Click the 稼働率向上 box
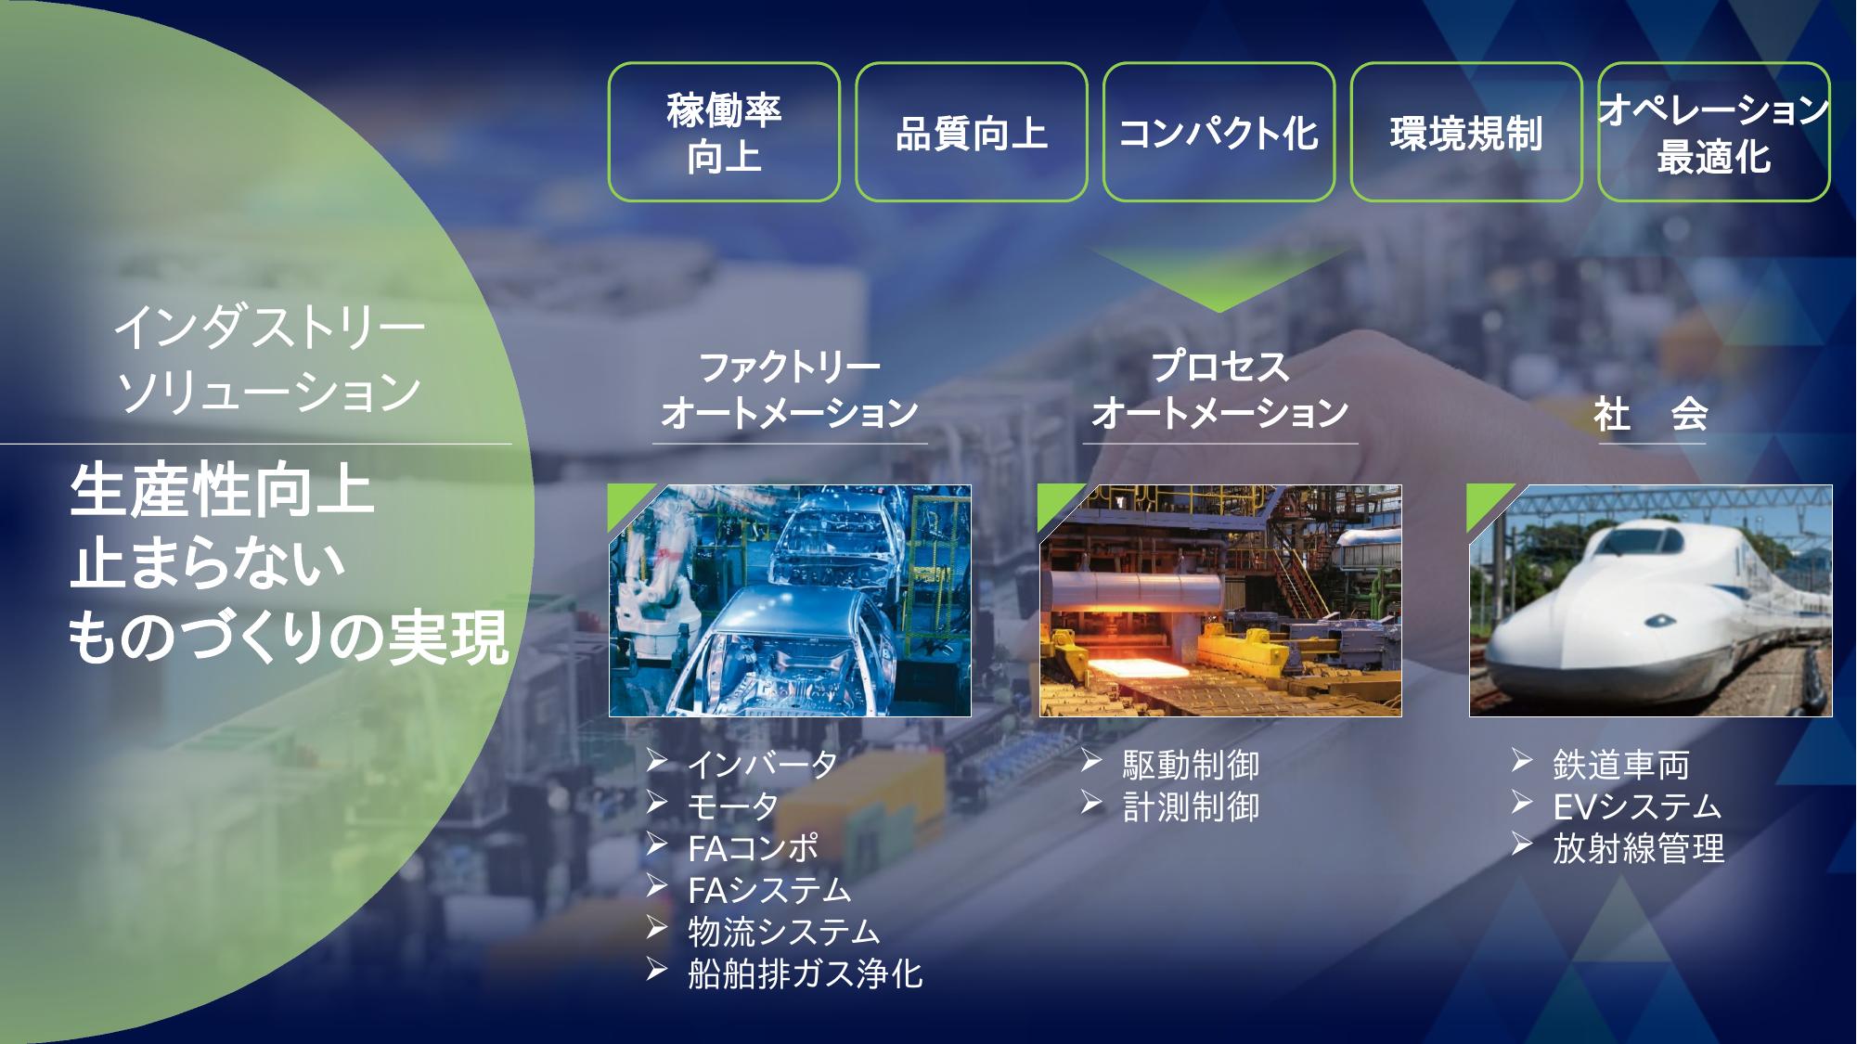[x=724, y=132]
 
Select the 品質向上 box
[x=972, y=132]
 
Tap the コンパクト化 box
[x=1219, y=132]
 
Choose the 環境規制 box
[x=1466, y=132]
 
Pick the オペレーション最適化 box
[x=1714, y=132]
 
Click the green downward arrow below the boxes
[x=1219, y=277]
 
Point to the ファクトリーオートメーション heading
[x=790, y=390]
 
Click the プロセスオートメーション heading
[x=1219, y=390]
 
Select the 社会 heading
[x=1651, y=414]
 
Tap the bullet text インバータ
[x=763, y=765]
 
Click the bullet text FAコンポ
[x=754, y=848]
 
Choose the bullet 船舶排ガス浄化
[x=806, y=973]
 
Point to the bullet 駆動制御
[x=1191, y=766]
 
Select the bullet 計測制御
[x=1191, y=807]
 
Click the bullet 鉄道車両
[x=1621, y=766]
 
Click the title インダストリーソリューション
[x=269, y=358]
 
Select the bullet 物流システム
[x=784, y=932]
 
